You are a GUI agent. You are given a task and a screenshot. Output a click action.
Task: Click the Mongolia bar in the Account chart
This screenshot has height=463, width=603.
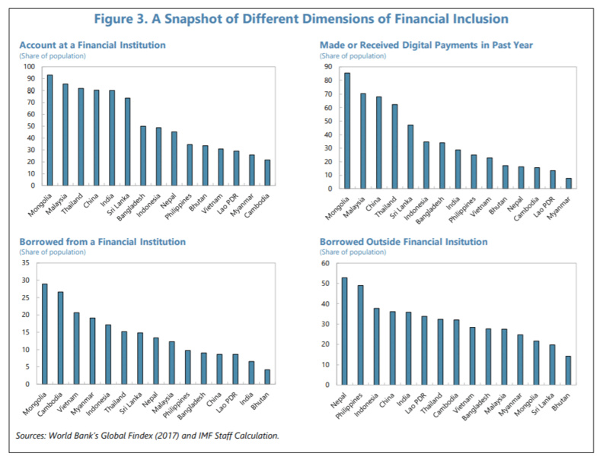point(49,130)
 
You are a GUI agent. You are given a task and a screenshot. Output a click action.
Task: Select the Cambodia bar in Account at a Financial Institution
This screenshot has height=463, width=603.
point(267,173)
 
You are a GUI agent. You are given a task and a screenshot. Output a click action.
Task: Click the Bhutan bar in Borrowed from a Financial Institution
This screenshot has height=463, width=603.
point(267,377)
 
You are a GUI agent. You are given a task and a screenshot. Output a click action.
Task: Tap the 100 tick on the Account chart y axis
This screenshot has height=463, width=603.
point(28,67)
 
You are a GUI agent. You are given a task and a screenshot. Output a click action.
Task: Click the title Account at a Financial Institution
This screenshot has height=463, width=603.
point(92,46)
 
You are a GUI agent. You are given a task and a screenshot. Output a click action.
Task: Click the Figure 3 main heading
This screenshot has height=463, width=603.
point(301,18)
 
